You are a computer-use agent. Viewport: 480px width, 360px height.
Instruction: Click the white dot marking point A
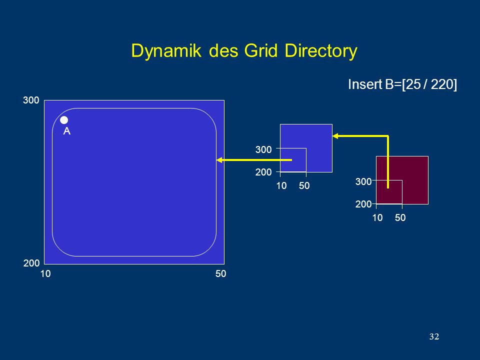(x=64, y=120)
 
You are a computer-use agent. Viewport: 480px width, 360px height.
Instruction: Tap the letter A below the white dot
(x=66, y=131)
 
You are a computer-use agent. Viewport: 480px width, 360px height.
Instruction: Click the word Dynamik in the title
(x=166, y=50)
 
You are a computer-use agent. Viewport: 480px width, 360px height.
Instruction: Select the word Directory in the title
(x=321, y=50)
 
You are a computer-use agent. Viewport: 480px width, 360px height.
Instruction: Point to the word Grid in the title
(x=260, y=50)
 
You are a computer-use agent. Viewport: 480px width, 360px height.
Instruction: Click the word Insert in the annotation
(x=365, y=84)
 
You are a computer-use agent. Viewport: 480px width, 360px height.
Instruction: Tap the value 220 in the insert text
(x=441, y=84)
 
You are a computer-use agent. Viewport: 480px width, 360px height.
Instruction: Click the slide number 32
(x=434, y=336)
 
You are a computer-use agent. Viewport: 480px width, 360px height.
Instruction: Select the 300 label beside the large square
(x=31, y=100)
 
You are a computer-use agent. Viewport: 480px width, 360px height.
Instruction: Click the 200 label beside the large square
(x=31, y=263)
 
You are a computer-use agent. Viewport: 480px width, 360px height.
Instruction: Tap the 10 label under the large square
(x=45, y=273)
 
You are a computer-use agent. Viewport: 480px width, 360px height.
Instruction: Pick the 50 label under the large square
(x=220, y=273)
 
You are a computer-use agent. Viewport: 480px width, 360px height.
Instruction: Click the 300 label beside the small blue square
(x=263, y=149)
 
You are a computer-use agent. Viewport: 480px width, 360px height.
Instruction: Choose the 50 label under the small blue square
(x=304, y=185)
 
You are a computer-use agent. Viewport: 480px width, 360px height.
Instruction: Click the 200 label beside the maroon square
(x=363, y=204)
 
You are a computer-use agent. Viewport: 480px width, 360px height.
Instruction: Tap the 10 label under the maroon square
(x=377, y=217)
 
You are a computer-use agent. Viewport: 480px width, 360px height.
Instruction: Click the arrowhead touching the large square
(x=219, y=160)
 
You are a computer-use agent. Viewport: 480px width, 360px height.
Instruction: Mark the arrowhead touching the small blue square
(x=335, y=136)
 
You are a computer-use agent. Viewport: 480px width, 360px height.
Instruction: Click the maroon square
(x=402, y=180)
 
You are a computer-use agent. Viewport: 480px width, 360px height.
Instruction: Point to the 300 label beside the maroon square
(x=363, y=181)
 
